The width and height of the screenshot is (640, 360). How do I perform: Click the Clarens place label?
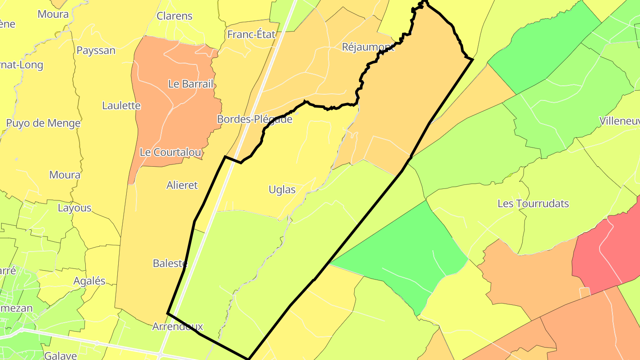175,16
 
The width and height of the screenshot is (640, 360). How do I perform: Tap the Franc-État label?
251,34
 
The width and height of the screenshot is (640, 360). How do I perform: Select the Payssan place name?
96,50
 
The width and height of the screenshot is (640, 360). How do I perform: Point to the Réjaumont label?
368,47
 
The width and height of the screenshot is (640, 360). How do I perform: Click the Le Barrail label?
191,84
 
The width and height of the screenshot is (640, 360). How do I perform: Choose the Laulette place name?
121,105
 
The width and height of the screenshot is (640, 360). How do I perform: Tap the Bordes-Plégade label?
255,119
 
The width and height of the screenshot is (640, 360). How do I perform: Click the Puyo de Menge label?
43,123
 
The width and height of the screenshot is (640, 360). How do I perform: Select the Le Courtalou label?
170,152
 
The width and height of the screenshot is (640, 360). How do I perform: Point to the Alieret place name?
182,185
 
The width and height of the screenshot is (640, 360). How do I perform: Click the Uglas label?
282,190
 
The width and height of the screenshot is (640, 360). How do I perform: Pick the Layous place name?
75,208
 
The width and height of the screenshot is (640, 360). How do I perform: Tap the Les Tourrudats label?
533,204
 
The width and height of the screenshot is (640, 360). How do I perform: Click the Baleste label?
170,263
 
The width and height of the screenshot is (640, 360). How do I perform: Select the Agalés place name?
89,280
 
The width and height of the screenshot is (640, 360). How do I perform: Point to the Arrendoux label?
177,327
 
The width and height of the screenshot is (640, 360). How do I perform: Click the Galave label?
61,355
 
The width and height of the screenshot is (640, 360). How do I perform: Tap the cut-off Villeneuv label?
620,121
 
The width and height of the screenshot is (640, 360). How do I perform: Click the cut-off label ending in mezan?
16,308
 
